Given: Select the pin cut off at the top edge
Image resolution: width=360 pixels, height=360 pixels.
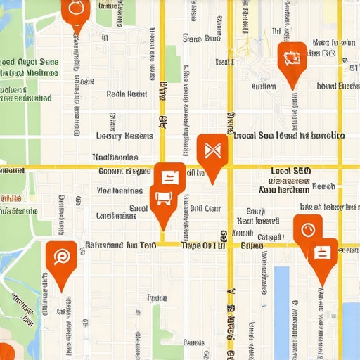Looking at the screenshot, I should [75, 10].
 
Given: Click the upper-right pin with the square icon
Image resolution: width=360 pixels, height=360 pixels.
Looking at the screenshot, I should [291, 59].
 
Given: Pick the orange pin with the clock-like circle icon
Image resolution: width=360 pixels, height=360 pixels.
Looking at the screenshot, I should [307, 230].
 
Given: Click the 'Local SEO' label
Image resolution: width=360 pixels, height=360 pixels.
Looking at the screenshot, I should [290, 171].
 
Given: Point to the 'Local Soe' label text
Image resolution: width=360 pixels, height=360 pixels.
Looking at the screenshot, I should [253, 135].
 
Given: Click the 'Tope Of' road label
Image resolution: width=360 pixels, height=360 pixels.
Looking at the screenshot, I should [202, 245].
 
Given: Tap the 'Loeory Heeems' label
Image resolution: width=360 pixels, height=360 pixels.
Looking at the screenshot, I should [124, 136].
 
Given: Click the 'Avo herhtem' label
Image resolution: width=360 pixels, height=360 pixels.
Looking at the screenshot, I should [283, 190].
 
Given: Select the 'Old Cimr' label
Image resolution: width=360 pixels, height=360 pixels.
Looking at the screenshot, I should [205, 208].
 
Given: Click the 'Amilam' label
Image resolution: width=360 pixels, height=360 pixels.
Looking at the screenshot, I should [263, 87].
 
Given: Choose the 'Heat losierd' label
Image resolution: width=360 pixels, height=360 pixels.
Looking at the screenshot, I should [258, 220].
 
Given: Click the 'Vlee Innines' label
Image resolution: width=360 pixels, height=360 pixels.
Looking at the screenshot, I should [119, 190].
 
